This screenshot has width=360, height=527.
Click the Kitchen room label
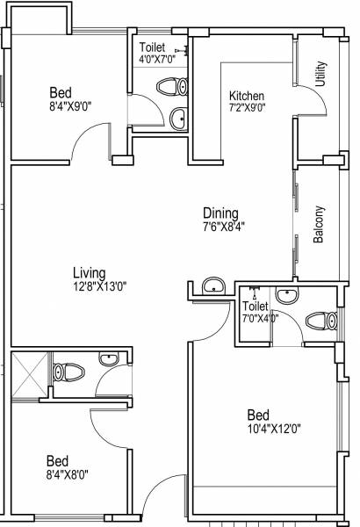pos(247,96)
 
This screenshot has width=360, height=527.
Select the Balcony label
pos(320,224)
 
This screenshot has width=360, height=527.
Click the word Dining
pos(220,212)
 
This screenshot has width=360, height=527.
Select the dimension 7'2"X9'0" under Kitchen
pos(248,108)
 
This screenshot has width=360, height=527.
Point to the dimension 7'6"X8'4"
pos(220,225)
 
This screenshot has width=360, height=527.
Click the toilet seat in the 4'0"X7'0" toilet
pos(169,86)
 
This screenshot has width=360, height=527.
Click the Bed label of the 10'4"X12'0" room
pos(257,415)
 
